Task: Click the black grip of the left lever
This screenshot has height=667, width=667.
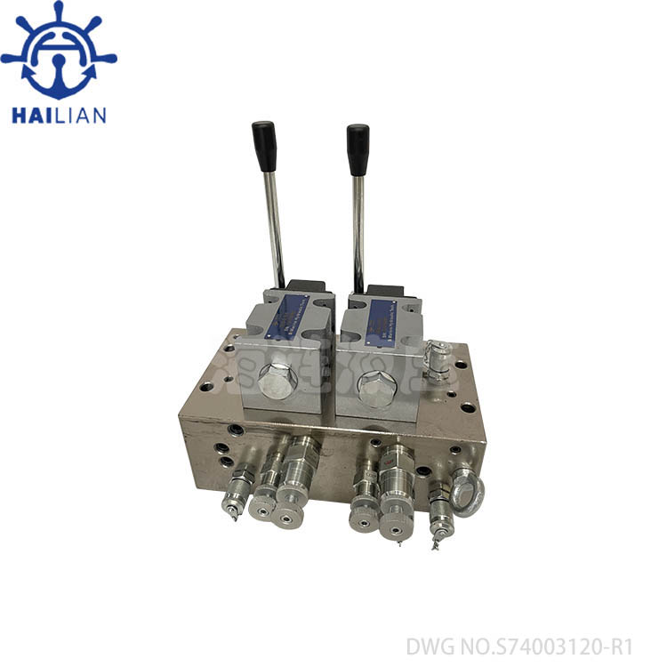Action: [264, 146]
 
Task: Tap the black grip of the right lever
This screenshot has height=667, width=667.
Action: [358, 149]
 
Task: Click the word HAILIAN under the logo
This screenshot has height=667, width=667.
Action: [59, 116]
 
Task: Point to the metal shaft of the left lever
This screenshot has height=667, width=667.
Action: [277, 222]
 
